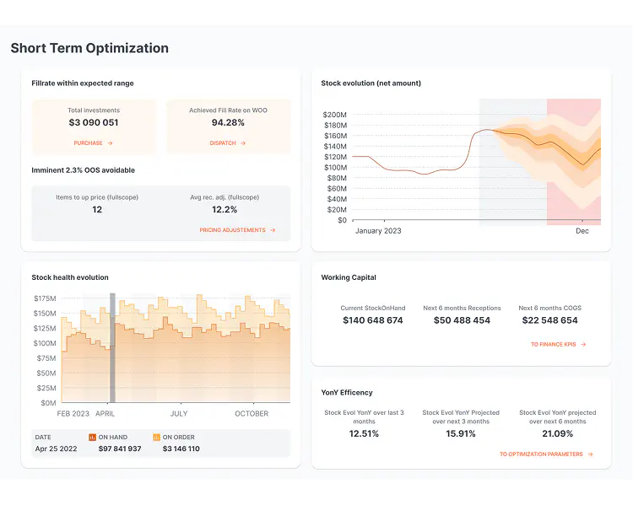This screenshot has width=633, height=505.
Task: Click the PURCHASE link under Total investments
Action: point(93,143)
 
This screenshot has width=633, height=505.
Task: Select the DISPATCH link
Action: point(227,143)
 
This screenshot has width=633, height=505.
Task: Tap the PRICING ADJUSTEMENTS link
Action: point(237,230)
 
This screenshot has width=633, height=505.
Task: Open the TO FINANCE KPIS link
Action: point(558,345)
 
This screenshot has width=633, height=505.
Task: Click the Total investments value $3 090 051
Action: point(94,123)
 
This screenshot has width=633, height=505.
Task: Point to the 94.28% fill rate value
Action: point(228,123)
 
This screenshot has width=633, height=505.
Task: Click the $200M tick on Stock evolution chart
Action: point(335,115)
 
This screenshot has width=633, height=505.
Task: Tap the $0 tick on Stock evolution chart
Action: point(341,220)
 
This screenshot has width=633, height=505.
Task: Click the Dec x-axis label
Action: point(582,231)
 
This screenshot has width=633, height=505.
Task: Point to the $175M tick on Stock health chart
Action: point(46,298)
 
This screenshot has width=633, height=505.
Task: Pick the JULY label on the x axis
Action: point(179,414)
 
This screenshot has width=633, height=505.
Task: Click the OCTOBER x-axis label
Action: point(252,414)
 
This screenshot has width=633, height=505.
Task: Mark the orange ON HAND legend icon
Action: point(92,438)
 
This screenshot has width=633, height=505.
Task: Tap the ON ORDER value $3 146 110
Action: point(181,449)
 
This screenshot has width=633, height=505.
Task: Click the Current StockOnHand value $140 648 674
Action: point(372,320)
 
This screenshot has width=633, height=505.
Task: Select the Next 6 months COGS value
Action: point(549,320)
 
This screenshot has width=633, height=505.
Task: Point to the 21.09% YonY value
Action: point(557,434)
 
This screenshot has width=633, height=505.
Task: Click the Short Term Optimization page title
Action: point(89,48)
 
